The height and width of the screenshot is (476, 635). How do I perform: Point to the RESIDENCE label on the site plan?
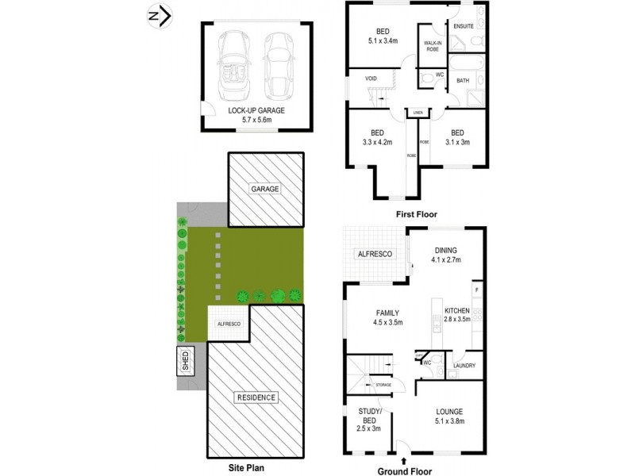[x=256, y=397]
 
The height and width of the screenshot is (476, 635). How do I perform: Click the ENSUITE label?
[x=464, y=25]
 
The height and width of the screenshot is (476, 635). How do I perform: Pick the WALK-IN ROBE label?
[x=433, y=46]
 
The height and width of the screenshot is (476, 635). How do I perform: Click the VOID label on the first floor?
[x=371, y=79]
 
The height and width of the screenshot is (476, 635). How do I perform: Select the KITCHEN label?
[x=457, y=310]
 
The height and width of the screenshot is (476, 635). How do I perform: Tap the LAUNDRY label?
[x=464, y=366]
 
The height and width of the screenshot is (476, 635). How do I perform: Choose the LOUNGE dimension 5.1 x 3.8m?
[x=449, y=422]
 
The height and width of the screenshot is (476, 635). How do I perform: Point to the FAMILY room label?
[x=388, y=313]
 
